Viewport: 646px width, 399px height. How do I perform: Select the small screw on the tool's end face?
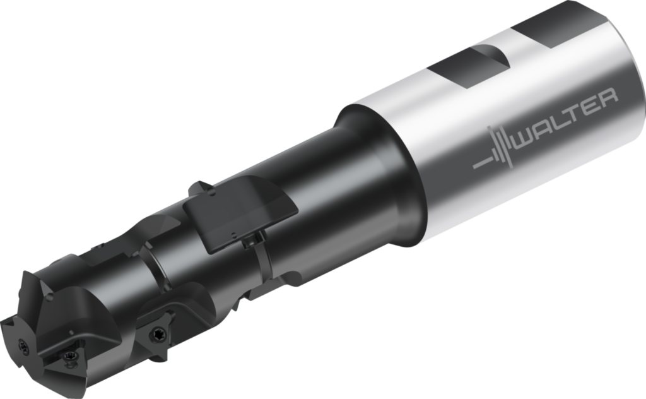(x=25, y=346)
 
